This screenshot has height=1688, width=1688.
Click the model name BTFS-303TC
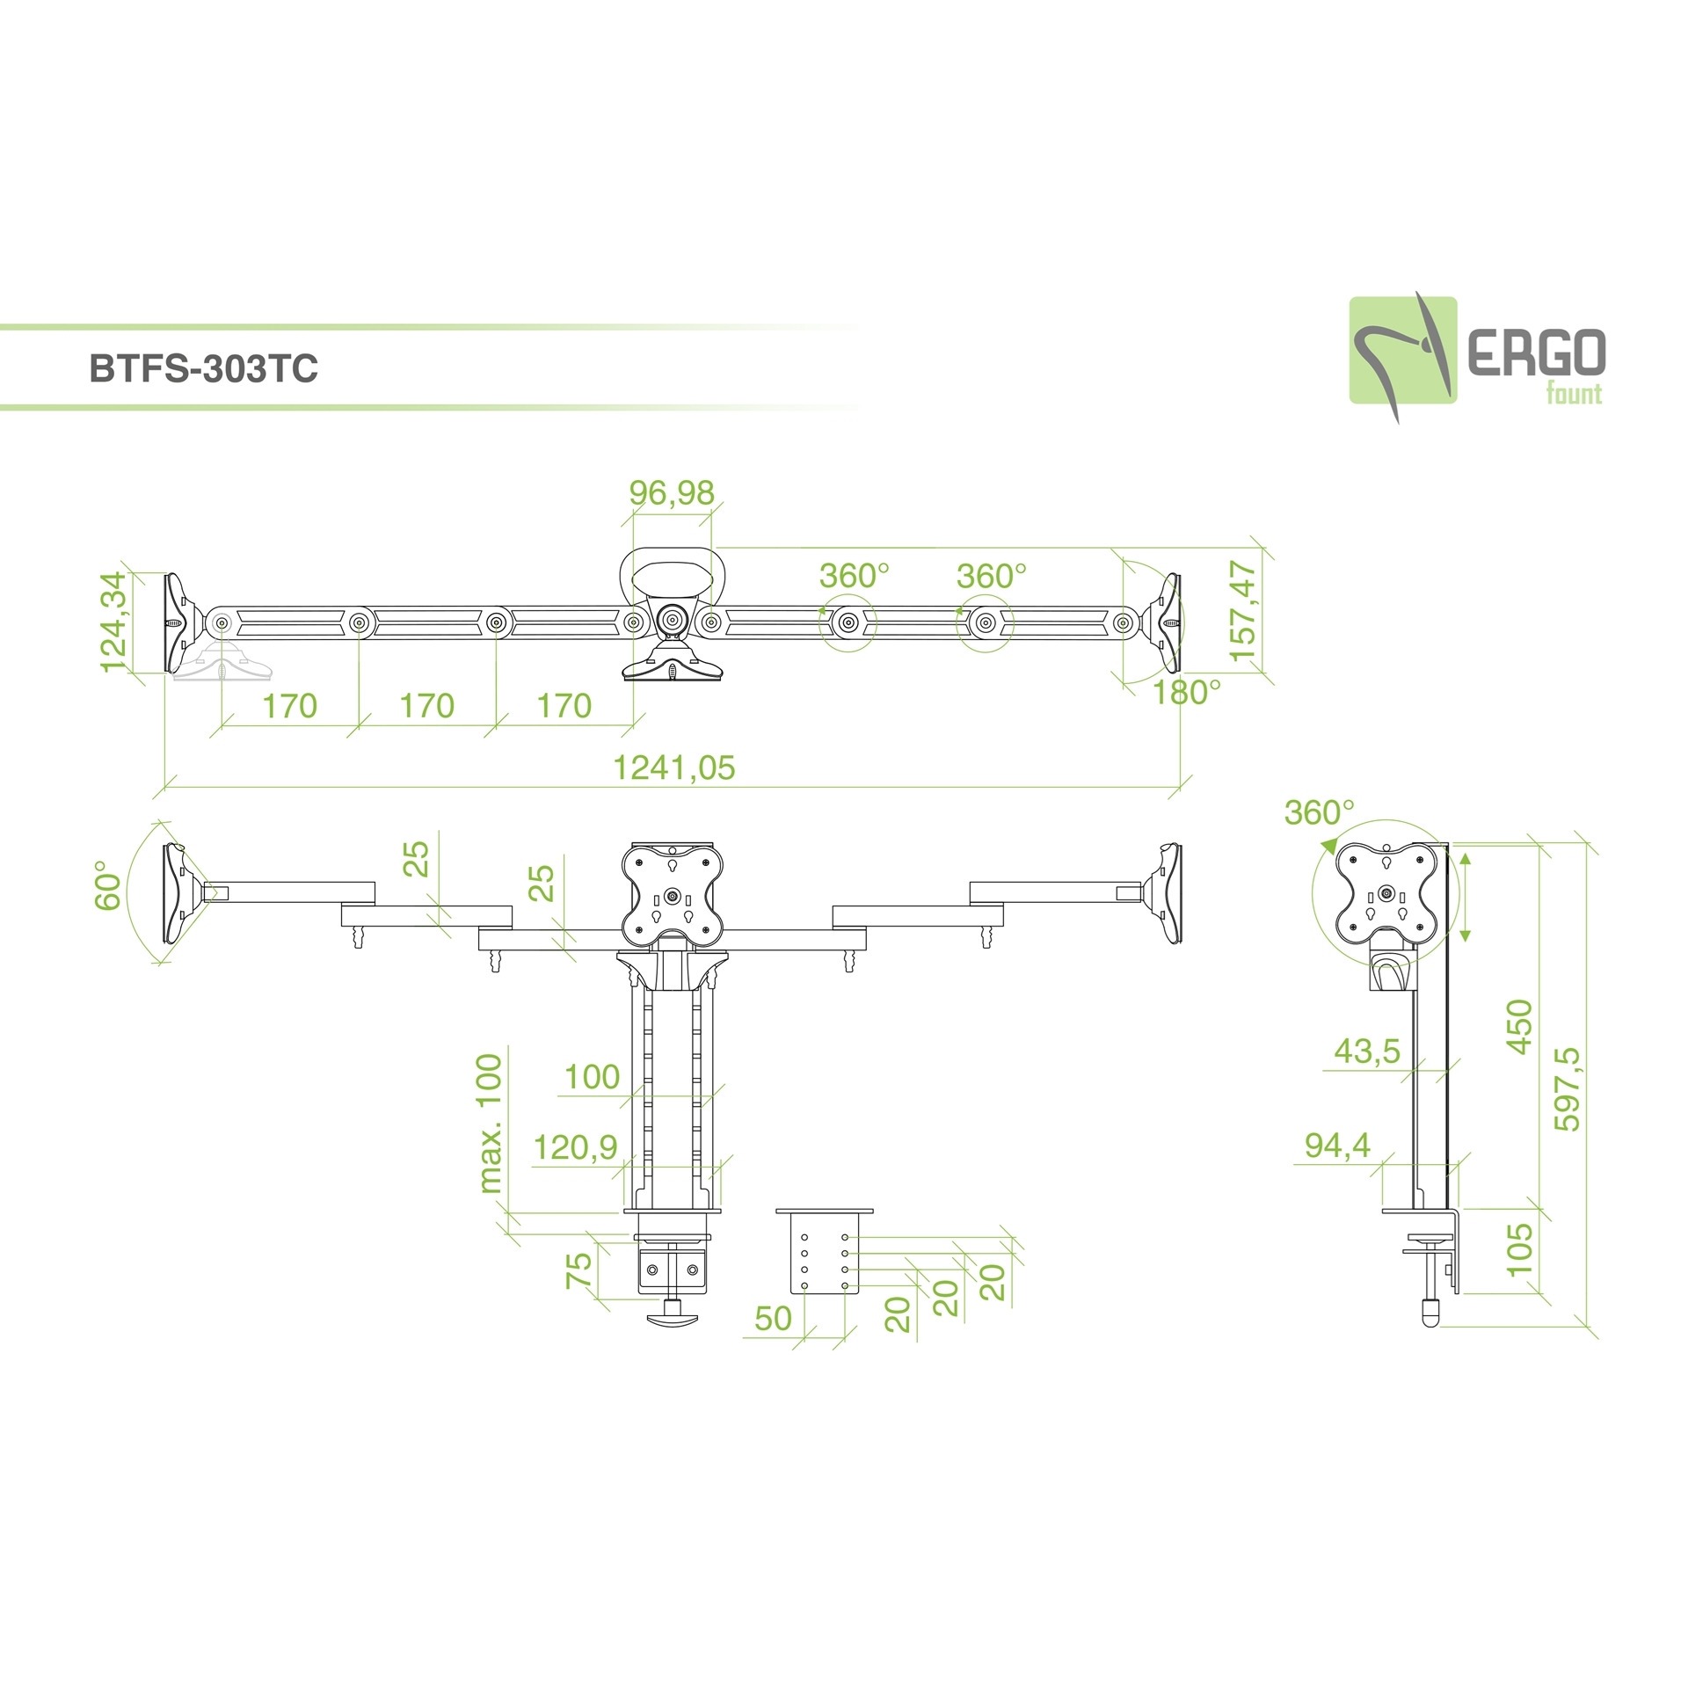coord(203,368)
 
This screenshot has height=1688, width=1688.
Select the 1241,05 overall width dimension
coord(673,768)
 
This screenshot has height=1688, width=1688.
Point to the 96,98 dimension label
coord(672,493)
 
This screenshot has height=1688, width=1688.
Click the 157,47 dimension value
coord(1243,612)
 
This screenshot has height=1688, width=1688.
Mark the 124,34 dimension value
coord(113,622)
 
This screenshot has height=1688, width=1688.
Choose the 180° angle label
coord(1186,693)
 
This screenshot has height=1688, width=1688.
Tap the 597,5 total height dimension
coord(1566,1088)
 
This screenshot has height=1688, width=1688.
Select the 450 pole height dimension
coord(1518,1026)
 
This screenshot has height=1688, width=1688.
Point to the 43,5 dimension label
coord(1366,1051)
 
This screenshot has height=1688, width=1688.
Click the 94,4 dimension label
coord(1337,1145)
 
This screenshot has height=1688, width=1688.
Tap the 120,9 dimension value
coord(575,1147)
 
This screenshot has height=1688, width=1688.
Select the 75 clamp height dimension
coord(578,1270)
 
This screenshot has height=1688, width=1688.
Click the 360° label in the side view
coord(1319,812)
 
